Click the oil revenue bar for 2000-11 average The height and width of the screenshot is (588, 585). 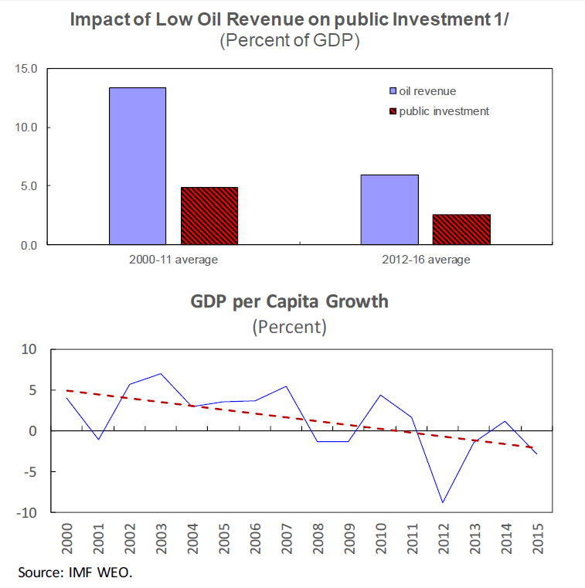pos(138,166)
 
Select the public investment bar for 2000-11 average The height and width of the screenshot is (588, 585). pos(209,216)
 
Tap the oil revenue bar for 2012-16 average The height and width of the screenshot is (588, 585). pos(389,209)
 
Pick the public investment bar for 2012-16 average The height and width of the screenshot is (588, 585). pos(461,229)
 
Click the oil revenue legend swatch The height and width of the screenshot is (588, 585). pos(392,91)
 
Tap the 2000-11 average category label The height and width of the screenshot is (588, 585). pos(173,260)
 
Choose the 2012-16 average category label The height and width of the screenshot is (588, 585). pos(426,260)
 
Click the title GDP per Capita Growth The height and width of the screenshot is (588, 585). pos(290,301)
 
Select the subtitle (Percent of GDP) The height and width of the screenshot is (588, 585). pos(290,42)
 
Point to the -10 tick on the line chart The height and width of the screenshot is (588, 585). pos(28,512)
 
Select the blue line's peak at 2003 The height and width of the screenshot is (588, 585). pos(160,374)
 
